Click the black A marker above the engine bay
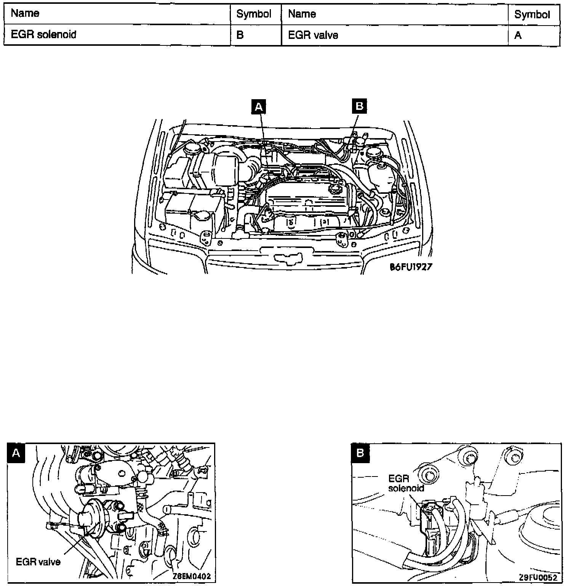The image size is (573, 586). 258,107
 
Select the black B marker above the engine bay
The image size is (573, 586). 359,106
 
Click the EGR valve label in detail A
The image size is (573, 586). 38,562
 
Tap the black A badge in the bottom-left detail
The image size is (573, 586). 16,452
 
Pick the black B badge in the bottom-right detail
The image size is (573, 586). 360,453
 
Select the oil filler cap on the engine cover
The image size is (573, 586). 334,188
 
